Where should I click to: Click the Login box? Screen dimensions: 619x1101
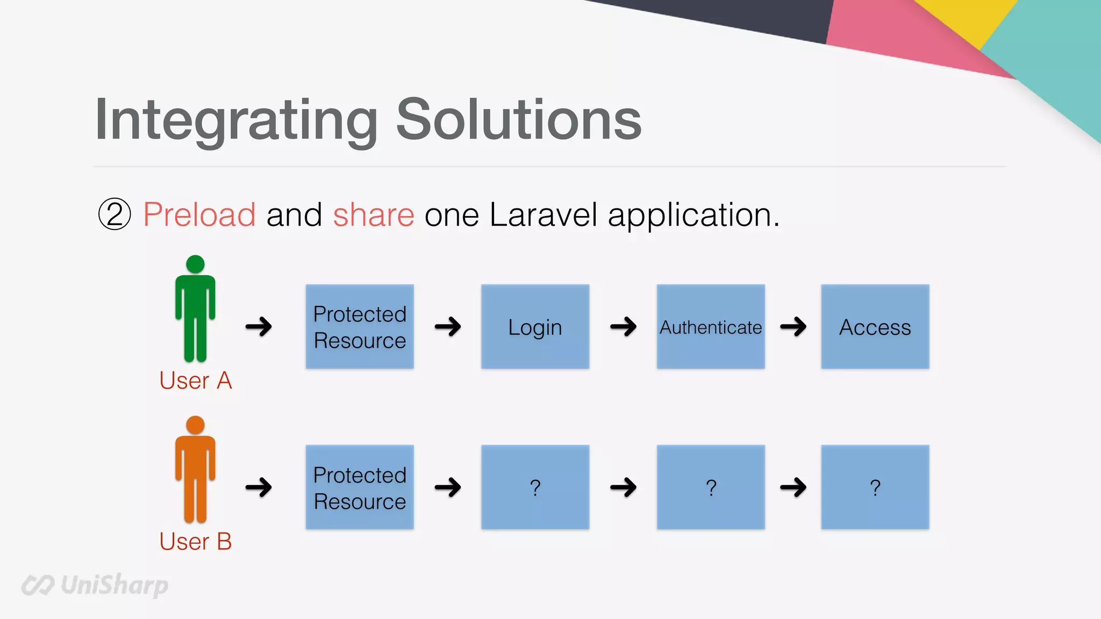pyautogui.click(x=535, y=327)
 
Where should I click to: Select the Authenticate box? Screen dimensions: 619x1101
pyautogui.click(x=710, y=327)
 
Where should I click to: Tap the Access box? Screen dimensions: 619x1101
pyautogui.click(x=875, y=327)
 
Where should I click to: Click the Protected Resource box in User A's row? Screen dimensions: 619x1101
pyautogui.click(x=360, y=327)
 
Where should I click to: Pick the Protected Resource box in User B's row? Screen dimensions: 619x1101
pyautogui.click(x=360, y=487)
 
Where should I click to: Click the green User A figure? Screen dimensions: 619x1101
pyautogui.click(x=195, y=309)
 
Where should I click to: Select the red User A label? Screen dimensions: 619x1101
pyautogui.click(x=195, y=380)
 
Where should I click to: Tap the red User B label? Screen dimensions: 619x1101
pyautogui.click(x=195, y=541)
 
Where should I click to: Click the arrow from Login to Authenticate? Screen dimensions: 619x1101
pyautogui.click(x=623, y=326)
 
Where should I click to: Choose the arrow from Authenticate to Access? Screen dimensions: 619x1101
pyautogui.click(x=793, y=326)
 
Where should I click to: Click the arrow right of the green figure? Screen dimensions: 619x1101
pyautogui.click(x=259, y=326)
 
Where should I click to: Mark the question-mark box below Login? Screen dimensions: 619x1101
pyautogui.click(x=535, y=487)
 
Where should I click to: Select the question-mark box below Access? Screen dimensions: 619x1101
pyautogui.click(x=875, y=487)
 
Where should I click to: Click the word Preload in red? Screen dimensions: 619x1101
pyautogui.click(x=199, y=215)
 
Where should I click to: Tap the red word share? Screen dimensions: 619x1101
pyautogui.click(x=374, y=215)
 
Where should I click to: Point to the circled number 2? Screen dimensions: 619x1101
pyautogui.click(x=115, y=214)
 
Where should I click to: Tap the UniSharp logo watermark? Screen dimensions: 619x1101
pyautogui.click(x=95, y=585)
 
